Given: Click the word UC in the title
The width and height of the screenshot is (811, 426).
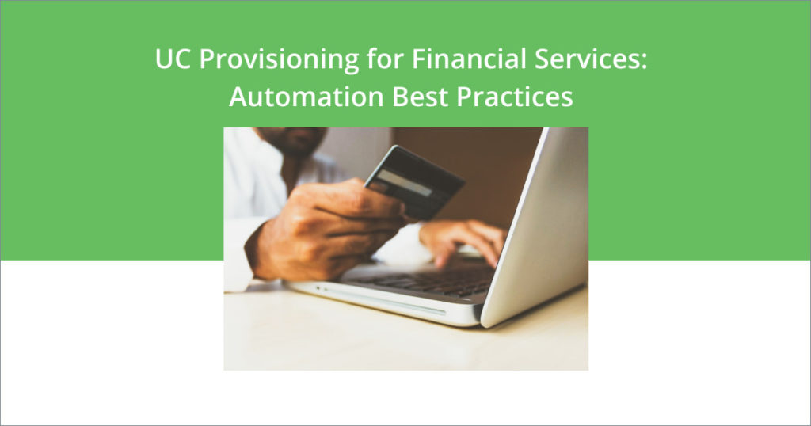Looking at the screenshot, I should [x=170, y=62].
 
